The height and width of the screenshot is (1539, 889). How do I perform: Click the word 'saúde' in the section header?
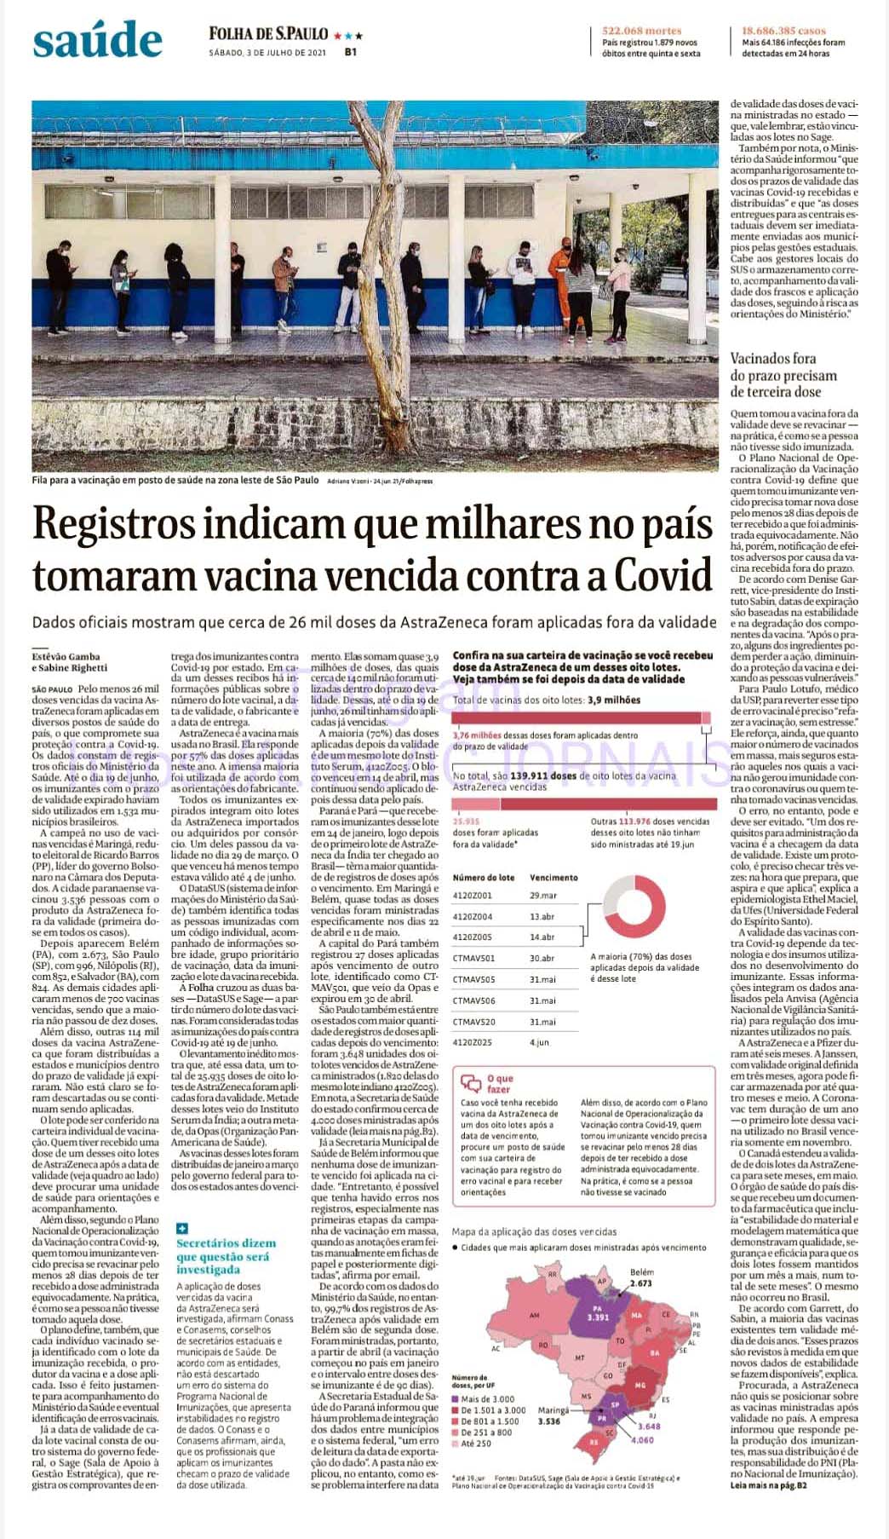tap(97, 40)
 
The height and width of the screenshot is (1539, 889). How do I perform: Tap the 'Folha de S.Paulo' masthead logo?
tap(268, 34)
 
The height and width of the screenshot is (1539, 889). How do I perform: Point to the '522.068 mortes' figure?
tap(641, 31)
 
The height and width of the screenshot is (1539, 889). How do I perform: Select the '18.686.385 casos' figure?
tap(783, 31)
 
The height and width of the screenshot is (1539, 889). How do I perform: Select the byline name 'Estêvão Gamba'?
tap(66, 656)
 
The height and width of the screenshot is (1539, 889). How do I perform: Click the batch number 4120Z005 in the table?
tap(473, 937)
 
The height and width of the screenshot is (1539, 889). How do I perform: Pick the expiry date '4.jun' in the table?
tap(540, 1042)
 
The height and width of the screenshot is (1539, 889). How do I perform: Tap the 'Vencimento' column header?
tap(553, 877)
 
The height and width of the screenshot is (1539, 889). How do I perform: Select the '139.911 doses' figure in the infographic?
tap(539, 775)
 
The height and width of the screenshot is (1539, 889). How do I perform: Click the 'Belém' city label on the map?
tap(641, 1272)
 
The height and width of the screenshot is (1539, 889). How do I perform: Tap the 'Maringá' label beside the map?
tap(553, 1410)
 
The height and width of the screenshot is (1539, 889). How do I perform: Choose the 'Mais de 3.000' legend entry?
tap(487, 1399)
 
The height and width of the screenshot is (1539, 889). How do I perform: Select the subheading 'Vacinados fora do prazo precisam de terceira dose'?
tap(783, 375)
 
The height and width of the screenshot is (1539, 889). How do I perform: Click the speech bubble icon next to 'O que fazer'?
tap(470, 1082)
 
